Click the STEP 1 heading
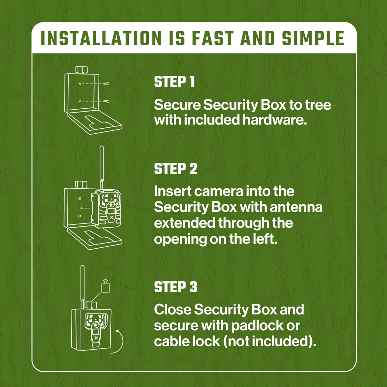174,82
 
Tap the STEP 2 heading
175,169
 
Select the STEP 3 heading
175,287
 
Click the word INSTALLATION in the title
101,38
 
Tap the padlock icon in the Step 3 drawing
105,286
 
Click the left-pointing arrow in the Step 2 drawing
85,208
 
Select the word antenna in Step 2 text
296,207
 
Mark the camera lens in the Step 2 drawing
112,204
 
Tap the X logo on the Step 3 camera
96,338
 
